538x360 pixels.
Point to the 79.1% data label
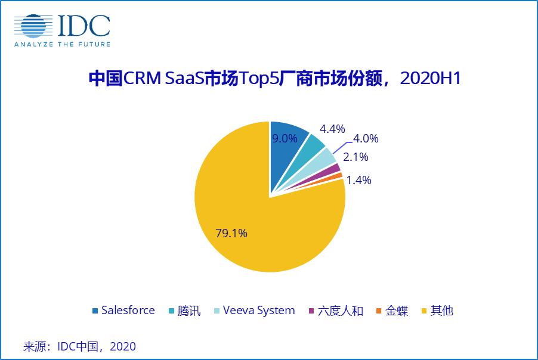tap(231, 233)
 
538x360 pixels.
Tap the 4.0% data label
tap(366, 139)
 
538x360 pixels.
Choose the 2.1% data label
tap(356, 157)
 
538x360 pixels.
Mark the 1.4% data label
tap(358, 179)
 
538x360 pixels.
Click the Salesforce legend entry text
tap(128, 311)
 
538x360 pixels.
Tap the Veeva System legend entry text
tap(259, 311)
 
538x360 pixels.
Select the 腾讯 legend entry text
tap(190, 311)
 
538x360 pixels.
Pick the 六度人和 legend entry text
tap(340, 311)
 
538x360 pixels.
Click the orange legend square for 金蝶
tap(379, 311)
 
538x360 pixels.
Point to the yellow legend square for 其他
tap(424, 311)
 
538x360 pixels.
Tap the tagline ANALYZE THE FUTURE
tap(62, 44)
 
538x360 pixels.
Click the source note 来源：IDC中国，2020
tap(79, 346)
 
